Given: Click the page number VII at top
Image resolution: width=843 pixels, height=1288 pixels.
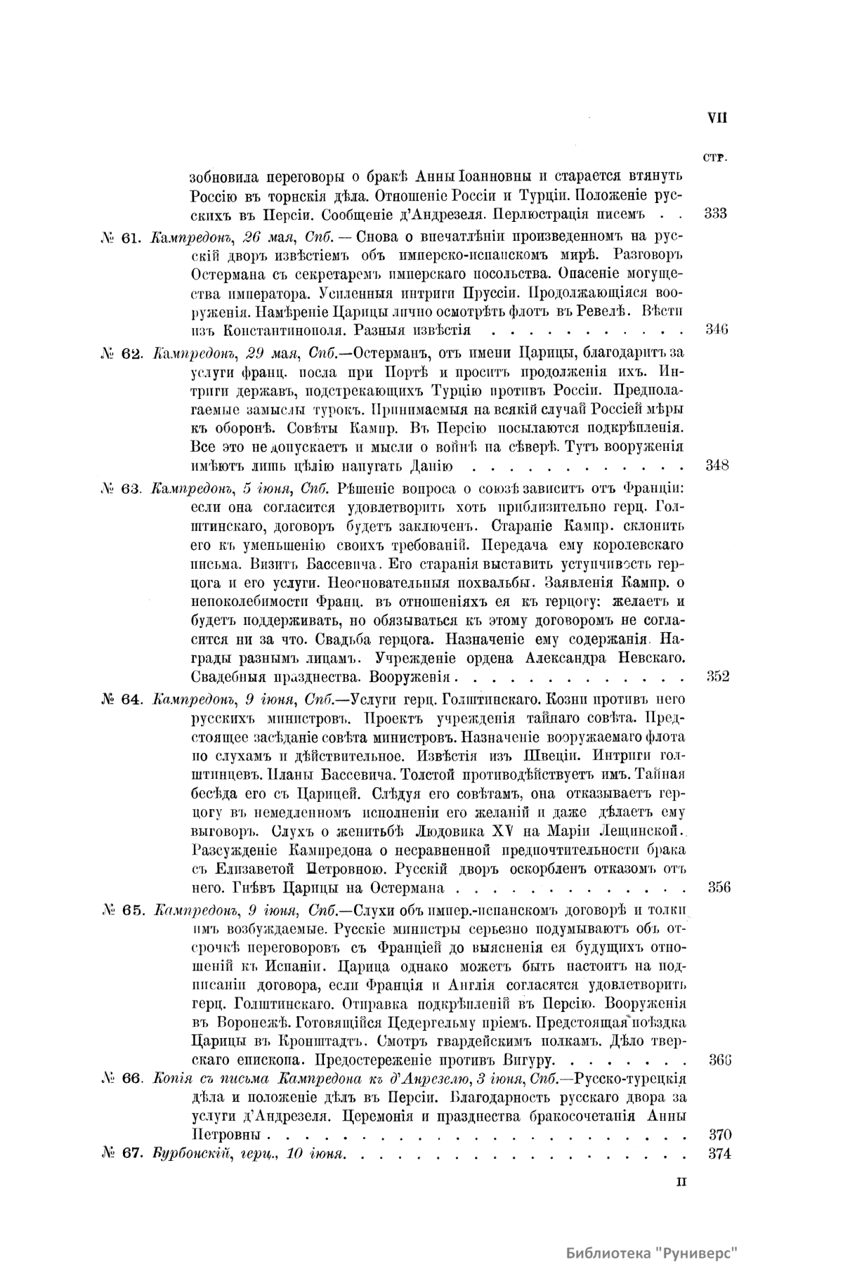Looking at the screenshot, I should coord(717,118).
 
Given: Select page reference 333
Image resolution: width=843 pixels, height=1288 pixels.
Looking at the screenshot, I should coord(715,213).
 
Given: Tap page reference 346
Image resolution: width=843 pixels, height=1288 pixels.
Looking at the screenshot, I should coord(716,329).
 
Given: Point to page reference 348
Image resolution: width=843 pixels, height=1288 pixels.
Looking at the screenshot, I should coord(716,465).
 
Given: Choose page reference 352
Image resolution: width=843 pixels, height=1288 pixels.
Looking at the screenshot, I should coord(716,677).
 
